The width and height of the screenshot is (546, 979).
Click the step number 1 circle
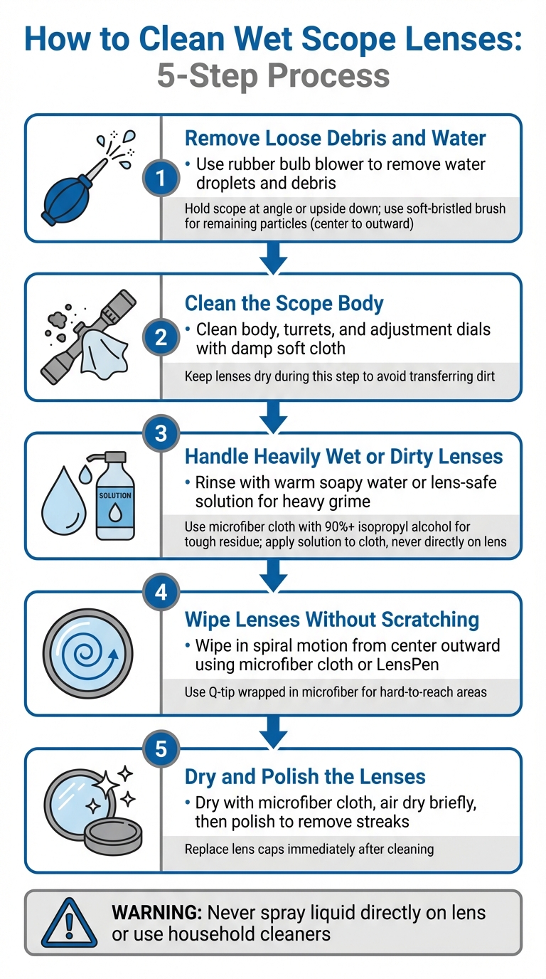point(161,179)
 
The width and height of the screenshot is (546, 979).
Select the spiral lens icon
point(89,652)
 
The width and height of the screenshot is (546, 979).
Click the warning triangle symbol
point(68,922)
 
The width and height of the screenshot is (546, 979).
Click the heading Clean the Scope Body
point(284,303)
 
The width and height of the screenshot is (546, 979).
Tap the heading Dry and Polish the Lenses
point(305,776)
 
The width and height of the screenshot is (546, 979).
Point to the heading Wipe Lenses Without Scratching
point(331,619)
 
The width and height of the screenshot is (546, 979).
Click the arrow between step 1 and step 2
point(273,258)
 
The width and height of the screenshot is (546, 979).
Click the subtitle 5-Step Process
point(273,75)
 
